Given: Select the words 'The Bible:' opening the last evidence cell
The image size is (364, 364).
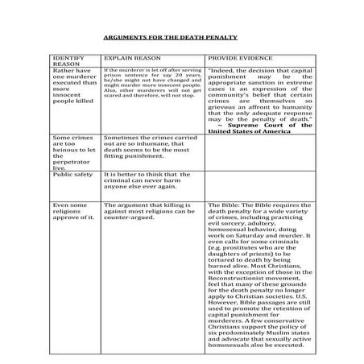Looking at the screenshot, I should [x=224, y=205].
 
